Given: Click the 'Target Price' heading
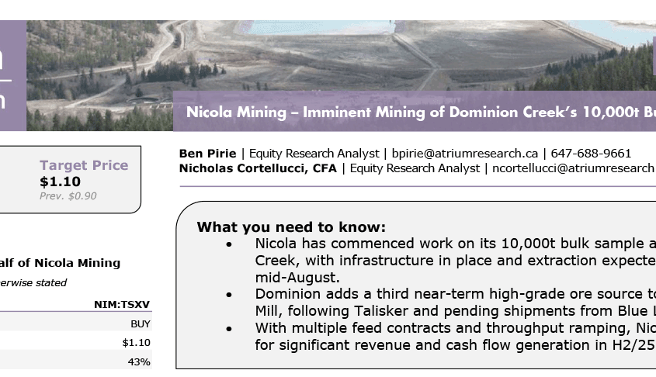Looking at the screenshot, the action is click(84, 165).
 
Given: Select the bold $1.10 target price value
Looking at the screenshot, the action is click(60, 182).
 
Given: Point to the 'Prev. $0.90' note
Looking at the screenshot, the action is click(68, 196).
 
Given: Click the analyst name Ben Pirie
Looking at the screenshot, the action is click(207, 154).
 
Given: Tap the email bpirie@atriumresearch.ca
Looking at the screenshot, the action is click(464, 154).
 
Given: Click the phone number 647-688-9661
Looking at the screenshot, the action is click(591, 154).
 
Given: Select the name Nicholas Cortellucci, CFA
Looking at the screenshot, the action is click(258, 168).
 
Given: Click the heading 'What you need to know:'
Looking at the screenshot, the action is click(291, 227).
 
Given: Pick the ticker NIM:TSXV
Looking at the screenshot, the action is click(122, 304).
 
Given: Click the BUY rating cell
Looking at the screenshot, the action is click(141, 324).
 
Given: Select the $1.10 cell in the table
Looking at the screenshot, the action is click(136, 343).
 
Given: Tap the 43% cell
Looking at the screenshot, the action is click(139, 362).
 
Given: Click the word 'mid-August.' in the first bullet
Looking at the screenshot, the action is click(297, 278).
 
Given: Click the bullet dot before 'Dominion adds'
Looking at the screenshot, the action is click(229, 295).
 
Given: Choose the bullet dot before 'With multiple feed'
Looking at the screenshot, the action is click(229, 329).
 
